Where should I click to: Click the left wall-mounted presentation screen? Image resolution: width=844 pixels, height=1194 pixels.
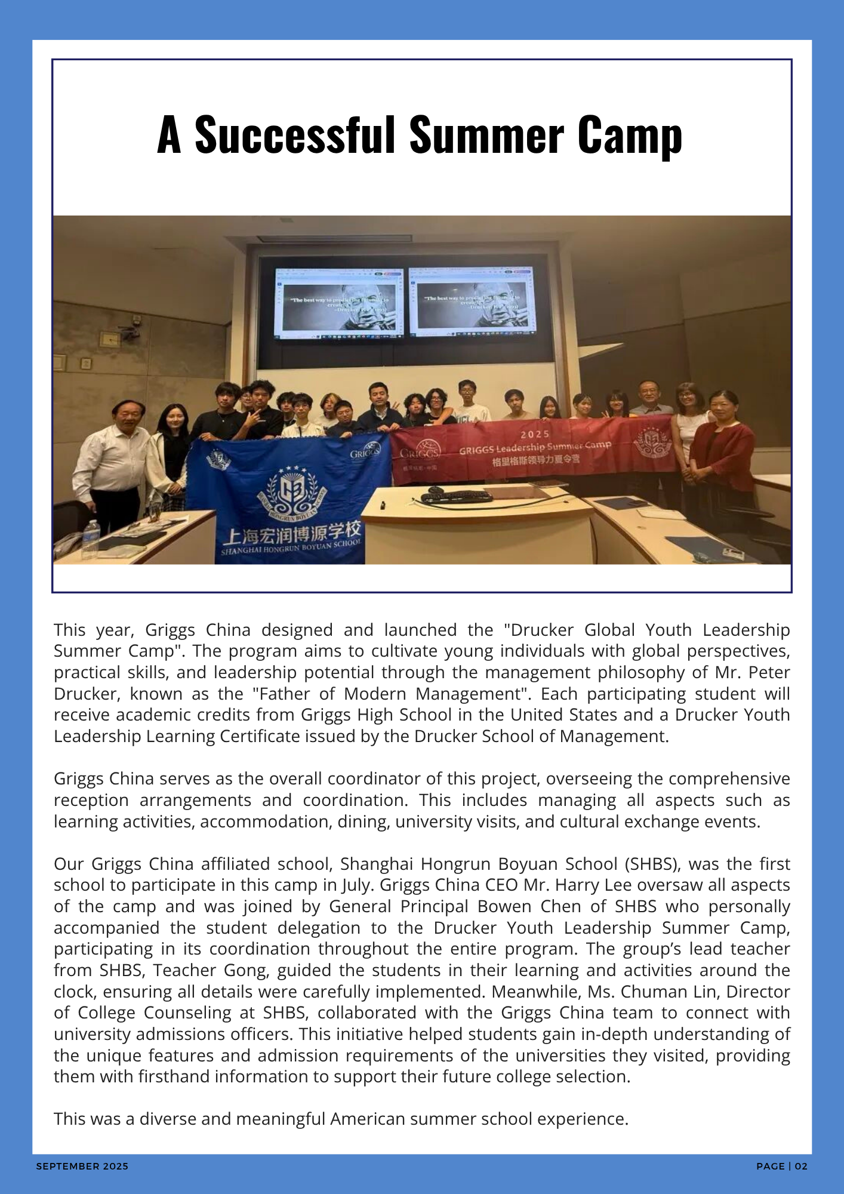coord(338,303)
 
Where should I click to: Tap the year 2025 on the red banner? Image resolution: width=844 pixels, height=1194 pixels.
coord(535,434)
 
